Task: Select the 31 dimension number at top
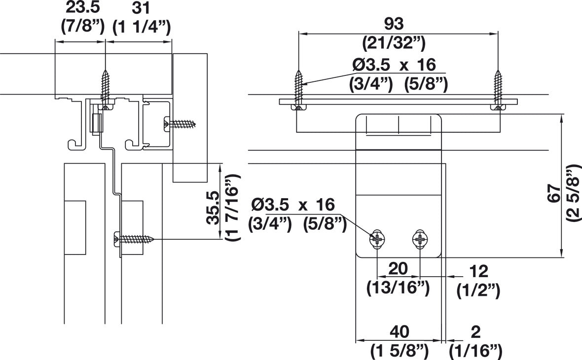141,8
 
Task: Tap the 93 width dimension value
393,24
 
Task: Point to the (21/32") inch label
393,43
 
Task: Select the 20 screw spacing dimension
398,269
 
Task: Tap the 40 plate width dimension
398,331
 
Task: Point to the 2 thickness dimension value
475,331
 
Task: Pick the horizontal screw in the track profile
180,123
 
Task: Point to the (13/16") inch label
398,288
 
